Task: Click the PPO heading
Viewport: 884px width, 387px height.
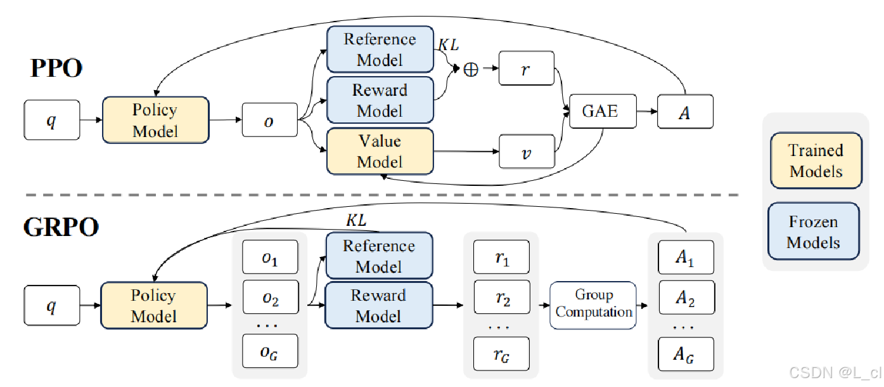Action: pyautogui.click(x=56, y=68)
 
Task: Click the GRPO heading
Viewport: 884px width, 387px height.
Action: pyautogui.click(x=61, y=226)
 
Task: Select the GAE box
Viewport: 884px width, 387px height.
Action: pyautogui.click(x=599, y=111)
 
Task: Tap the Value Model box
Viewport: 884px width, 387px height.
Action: pyautogui.click(x=380, y=151)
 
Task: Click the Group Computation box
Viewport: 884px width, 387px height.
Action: pyautogui.click(x=593, y=305)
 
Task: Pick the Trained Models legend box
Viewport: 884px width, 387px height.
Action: pyautogui.click(x=816, y=161)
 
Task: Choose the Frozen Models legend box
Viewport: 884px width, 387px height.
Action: pyautogui.click(x=814, y=232)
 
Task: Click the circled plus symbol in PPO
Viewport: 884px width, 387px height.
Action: pyautogui.click(x=471, y=70)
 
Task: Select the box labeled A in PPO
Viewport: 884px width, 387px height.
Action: pyautogui.click(x=685, y=112)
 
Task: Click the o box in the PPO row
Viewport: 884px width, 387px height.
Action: pyautogui.click(x=269, y=119)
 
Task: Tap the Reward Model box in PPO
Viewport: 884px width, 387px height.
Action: pyautogui.click(x=380, y=100)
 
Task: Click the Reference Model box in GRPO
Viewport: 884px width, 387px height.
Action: pyautogui.click(x=379, y=256)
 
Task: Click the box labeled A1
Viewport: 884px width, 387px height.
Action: pyautogui.click(x=685, y=258)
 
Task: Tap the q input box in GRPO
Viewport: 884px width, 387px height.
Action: pyautogui.click(x=51, y=306)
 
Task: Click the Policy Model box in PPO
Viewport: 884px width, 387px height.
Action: pyautogui.click(x=155, y=120)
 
